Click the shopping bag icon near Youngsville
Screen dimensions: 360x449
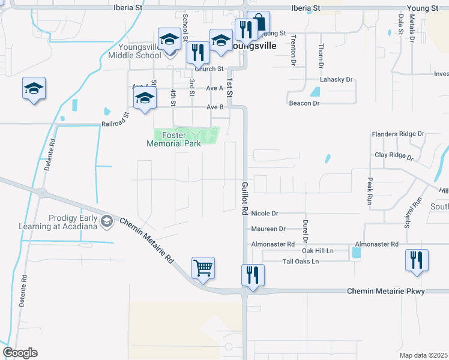tap(258, 23)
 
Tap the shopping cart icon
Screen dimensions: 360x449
tap(203, 268)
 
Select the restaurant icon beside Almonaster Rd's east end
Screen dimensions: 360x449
tap(417, 260)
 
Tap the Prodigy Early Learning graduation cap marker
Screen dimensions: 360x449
tap(107, 222)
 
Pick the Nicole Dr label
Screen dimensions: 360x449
tap(265, 213)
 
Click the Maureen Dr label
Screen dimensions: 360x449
tap(269, 229)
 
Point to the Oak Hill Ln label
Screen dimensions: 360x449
tap(318, 250)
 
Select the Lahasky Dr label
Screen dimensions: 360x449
tap(336, 79)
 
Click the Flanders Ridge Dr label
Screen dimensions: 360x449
tap(397, 134)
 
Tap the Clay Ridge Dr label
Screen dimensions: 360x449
tap(394, 156)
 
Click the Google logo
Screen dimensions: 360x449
tap(20, 353)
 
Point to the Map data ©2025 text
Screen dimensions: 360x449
tap(423, 355)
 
